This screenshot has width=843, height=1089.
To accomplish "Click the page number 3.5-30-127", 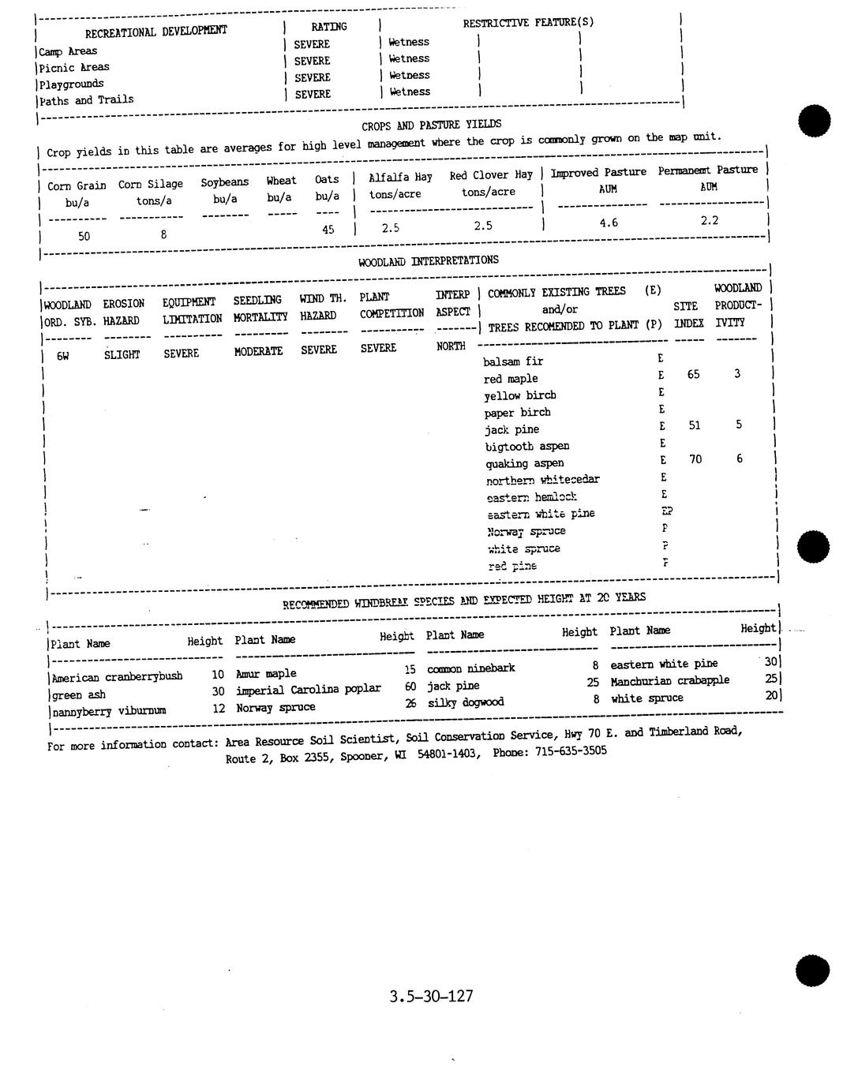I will coord(431,996).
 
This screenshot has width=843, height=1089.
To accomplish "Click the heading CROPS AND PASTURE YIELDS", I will coord(431,125).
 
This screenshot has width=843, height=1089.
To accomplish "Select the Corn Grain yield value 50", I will coord(84,236).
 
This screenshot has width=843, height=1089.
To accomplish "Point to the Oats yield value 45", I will coord(328,230).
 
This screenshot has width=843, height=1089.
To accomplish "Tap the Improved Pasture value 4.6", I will coord(608,223).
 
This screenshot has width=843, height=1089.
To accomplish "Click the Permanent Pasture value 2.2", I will coord(709,221).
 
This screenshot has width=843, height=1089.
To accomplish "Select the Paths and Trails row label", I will coord(87,100).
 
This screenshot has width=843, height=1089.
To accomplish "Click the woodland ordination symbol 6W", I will coord(63,356).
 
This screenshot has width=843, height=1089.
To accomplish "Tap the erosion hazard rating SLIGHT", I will coord(122,355).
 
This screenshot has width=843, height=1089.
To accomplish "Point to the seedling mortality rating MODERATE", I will coord(258,352).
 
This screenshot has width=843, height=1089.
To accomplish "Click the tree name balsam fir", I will coord(513,361).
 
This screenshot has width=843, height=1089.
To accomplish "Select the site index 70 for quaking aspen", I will coord(695,459).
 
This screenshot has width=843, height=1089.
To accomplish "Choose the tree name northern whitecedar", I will coord(542,480).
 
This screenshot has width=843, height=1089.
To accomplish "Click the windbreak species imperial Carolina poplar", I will coord(308,690).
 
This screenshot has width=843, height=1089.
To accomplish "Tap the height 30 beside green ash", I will coord(218,691).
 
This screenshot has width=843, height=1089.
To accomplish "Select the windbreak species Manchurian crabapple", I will coord(669,680).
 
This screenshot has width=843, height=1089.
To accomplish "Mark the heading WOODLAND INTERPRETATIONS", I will coord(428,260).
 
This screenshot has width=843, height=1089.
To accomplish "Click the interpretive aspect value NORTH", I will coord(451,346).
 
